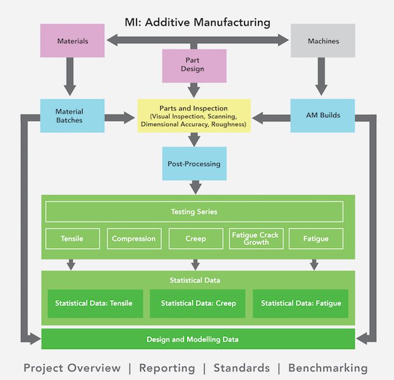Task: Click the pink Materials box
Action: pos(72,42)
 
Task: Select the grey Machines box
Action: pos(322,42)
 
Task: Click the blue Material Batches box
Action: pos(69,115)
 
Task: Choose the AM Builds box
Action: pos(322,115)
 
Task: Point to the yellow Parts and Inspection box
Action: pos(194,115)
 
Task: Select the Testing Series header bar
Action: pos(194,211)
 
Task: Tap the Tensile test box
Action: pos(72,239)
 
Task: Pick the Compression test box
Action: pos(133,239)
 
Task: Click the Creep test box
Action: pos(194,239)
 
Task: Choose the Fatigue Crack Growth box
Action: pos(255,239)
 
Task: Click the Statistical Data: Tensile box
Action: pos(93,303)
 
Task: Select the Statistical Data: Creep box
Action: pos(198,303)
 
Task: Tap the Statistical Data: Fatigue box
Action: pos(301,303)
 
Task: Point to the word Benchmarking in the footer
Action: pos(327,368)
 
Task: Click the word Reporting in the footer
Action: pos(167,368)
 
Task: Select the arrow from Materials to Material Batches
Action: pos(69,79)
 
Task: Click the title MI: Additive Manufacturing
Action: pos(197,23)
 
